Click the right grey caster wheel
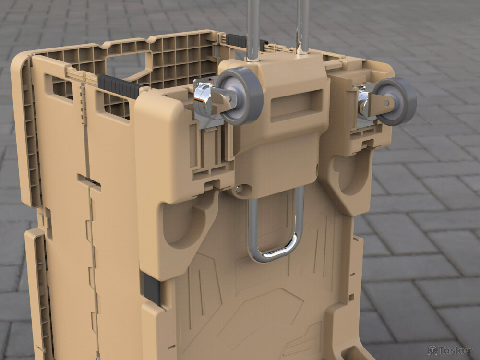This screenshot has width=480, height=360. tap(395, 101)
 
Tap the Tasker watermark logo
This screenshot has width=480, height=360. tap(450, 350)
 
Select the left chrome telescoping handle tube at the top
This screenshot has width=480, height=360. tap(253, 29)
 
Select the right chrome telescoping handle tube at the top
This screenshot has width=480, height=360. tap(302, 26)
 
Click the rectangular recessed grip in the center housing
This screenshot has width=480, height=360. tap(296, 105)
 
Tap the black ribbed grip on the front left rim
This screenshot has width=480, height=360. tap(119, 86)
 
